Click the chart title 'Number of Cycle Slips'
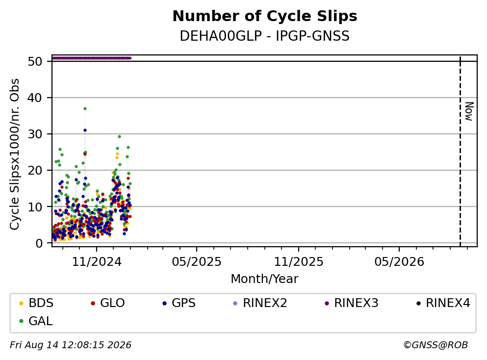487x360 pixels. click(x=265, y=16)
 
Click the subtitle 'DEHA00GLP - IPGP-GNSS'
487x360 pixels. click(x=265, y=36)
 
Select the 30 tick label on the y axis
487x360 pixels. click(x=35, y=134)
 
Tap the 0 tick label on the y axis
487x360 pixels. click(x=39, y=243)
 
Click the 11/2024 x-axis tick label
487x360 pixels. click(x=97, y=262)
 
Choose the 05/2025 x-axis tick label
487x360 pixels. click(x=197, y=262)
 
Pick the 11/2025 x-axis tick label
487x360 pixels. click(x=299, y=262)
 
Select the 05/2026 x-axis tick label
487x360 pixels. click(x=399, y=262)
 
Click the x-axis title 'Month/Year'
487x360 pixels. click(x=265, y=279)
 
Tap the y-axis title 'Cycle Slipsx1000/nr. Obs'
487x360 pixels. click(x=15, y=154)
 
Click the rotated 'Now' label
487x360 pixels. click(x=469, y=111)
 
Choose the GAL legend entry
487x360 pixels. click(x=36, y=321)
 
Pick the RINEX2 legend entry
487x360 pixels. click(x=260, y=303)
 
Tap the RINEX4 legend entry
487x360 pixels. click(x=443, y=303)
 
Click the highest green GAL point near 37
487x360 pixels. click(x=85, y=109)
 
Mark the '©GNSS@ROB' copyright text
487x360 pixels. click(x=436, y=345)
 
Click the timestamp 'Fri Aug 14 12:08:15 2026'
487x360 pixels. click(x=71, y=345)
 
